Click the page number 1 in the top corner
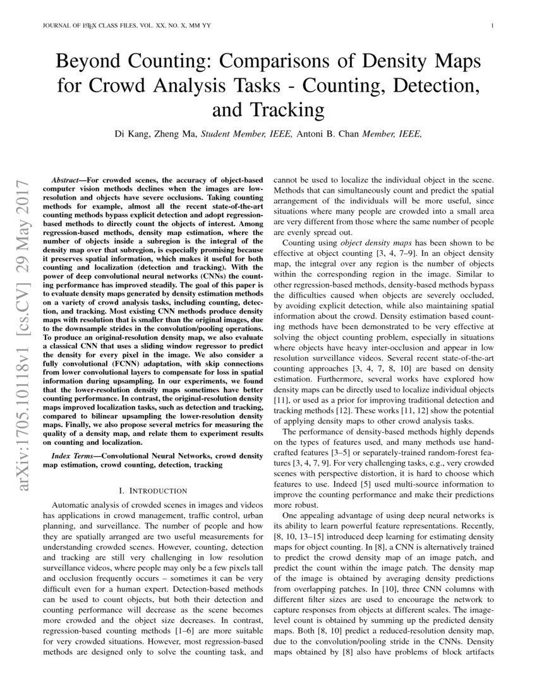[x=492, y=26]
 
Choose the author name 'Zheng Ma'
[x=174, y=134]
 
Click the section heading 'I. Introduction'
[x=153, y=490]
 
